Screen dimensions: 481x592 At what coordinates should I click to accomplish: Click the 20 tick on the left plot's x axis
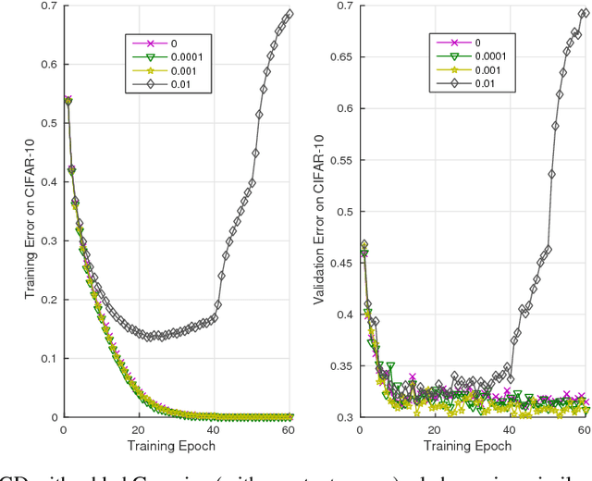point(138,430)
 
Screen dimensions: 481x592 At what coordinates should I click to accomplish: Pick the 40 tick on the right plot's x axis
point(510,430)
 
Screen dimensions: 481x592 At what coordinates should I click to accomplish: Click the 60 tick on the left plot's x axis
point(290,430)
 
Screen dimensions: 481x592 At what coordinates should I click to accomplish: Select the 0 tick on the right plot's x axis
point(359,430)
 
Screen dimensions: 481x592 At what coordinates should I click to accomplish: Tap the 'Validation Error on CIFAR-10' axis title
point(320,212)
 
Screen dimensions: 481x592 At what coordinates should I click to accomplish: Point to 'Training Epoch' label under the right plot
point(472,446)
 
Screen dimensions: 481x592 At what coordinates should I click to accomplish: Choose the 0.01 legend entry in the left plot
point(181,84)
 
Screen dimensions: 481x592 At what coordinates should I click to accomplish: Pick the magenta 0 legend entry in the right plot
point(477,43)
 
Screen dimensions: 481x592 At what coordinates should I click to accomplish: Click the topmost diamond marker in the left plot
point(290,14)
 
